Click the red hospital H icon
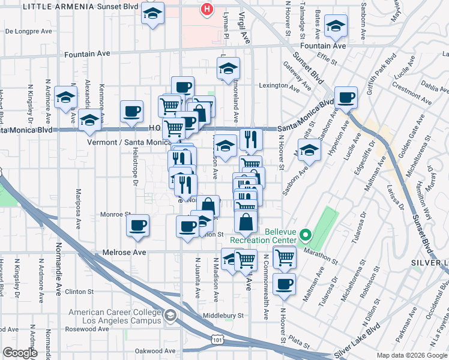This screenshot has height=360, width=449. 207,10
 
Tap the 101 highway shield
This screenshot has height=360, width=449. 216,340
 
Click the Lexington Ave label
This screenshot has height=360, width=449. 279,86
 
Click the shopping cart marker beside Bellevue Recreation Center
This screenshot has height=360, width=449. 285,257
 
